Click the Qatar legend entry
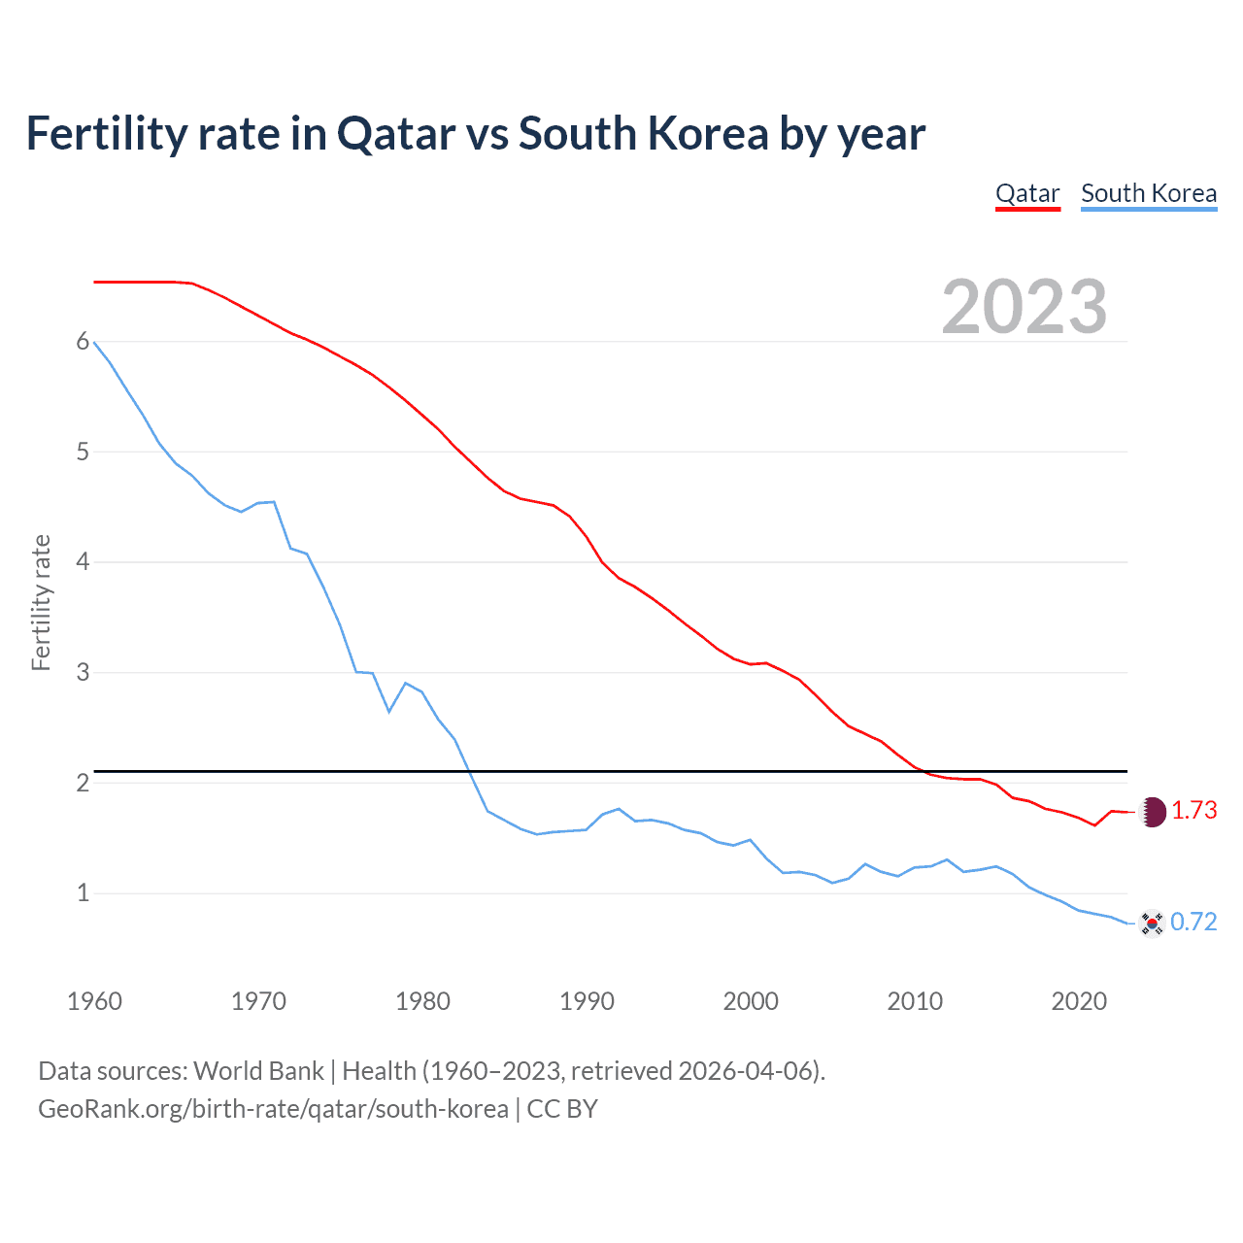click(1027, 193)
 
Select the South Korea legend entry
click(1149, 193)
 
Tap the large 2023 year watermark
click(1025, 307)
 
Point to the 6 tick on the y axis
click(83, 342)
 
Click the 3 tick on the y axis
click(83, 672)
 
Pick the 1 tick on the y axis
click(83, 892)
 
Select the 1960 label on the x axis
click(94, 1001)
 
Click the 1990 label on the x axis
click(587, 1001)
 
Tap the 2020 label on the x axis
click(1079, 1001)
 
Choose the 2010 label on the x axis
click(915, 1001)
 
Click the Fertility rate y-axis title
click(41, 602)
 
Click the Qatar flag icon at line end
click(1152, 812)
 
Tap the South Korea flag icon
click(1152, 923)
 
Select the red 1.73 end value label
click(1193, 811)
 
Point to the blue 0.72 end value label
click(1193, 922)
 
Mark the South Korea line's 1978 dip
click(388, 712)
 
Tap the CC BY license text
click(562, 1109)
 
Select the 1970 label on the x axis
click(258, 1001)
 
